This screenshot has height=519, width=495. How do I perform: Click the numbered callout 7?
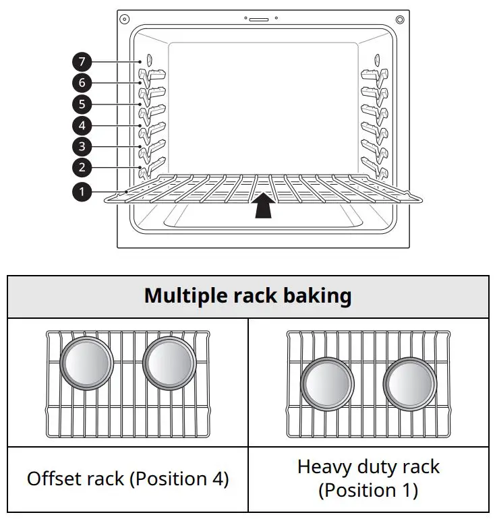click(81, 63)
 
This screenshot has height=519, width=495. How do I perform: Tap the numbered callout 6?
click(81, 84)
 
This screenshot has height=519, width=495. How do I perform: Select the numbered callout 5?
click(81, 104)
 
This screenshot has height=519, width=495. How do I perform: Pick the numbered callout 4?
click(81, 125)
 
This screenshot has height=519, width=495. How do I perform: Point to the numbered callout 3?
click(81, 146)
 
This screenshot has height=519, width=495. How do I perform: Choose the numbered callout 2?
click(81, 168)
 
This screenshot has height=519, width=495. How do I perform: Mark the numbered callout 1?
click(81, 192)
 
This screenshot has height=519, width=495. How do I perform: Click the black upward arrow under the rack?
click(264, 205)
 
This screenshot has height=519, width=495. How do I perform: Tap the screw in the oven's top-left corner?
click(124, 18)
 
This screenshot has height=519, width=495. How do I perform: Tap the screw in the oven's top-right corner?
click(400, 18)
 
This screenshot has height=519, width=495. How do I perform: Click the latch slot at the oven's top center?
click(258, 20)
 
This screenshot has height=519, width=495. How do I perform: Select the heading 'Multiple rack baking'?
click(247, 297)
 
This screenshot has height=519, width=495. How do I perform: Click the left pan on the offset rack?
click(86, 363)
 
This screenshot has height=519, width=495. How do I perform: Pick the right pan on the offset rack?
click(169, 363)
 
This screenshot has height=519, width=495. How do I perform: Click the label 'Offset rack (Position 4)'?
click(127, 479)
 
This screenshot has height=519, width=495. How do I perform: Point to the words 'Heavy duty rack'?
click(368, 466)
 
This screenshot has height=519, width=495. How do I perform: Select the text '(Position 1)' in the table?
click(368, 490)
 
